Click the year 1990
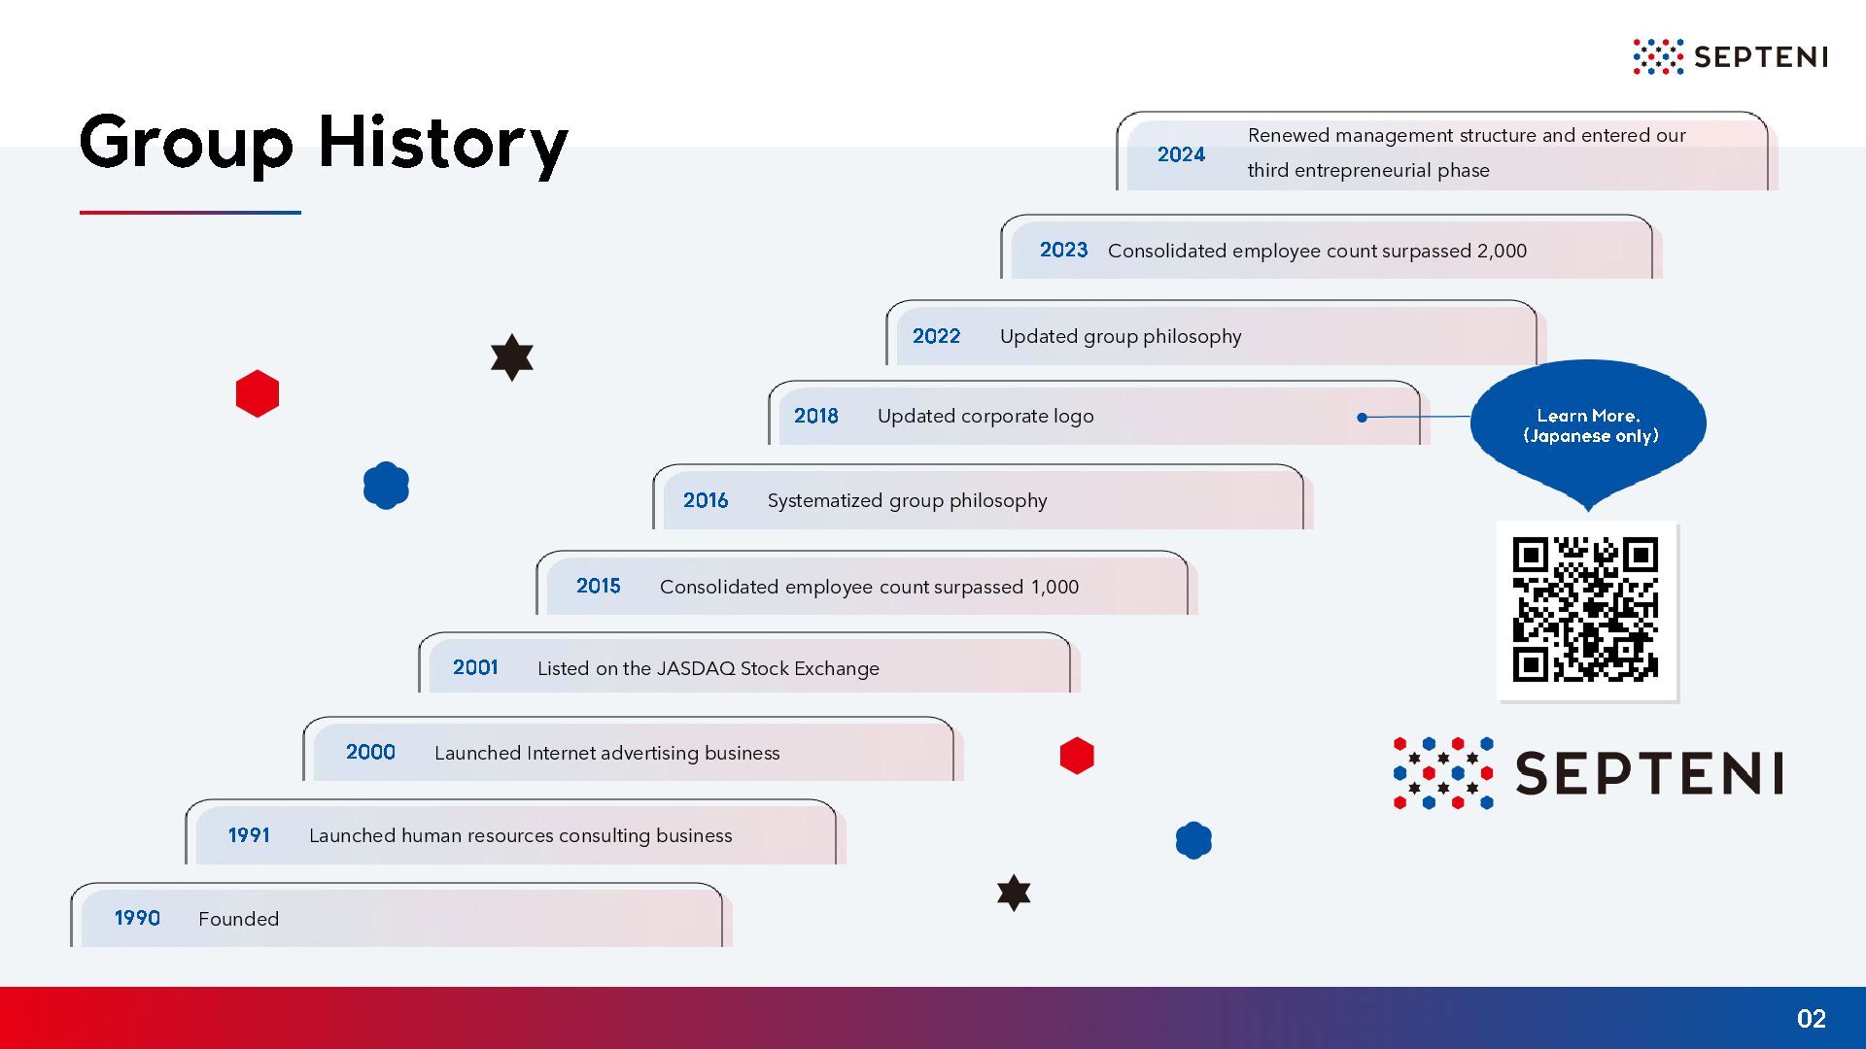coord(137,918)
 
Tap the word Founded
coord(238,919)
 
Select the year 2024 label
coord(1181,154)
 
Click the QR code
coord(1586,610)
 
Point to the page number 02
coord(1812,1018)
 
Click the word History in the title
coord(443,144)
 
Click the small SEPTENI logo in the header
coord(1730,56)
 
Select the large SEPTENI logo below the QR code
coord(1588,773)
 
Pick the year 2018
coord(815,416)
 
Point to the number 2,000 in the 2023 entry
coord(1502,251)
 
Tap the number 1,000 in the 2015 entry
coord(1054,587)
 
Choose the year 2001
coord(475,667)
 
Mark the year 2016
coord(706,500)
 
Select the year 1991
coord(249,835)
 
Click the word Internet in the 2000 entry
coord(562,753)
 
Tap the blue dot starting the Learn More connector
coord(1363,418)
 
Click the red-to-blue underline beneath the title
coord(190,212)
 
